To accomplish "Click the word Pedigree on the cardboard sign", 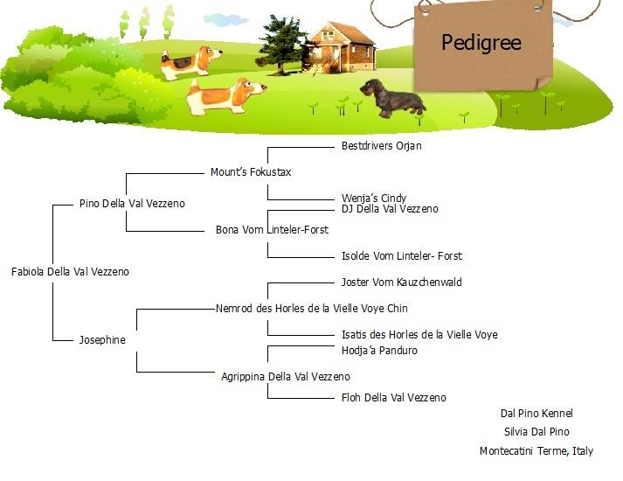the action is pyautogui.click(x=481, y=43).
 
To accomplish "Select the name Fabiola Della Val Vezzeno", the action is pyautogui.click(x=70, y=272).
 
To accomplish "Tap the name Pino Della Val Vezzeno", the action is pyautogui.click(x=132, y=204).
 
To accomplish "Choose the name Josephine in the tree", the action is pyautogui.click(x=102, y=340).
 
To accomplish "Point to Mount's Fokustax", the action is pyautogui.click(x=251, y=172).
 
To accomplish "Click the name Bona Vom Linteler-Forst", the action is pyautogui.click(x=272, y=230).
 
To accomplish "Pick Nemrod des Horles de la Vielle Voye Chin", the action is pyautogui.click(x=312, y=309).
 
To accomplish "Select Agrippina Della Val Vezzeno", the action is pyautogui.click(x=286, y=377).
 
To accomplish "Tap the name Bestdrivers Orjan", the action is pyautogui.click(x=382, y=146).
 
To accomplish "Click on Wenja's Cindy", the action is pyautogui.click(x=374, y=198).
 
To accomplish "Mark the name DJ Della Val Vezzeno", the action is pyautogui.click(x=390, y=209).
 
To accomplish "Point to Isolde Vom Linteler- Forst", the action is pyautogui.click(x=402, y=256).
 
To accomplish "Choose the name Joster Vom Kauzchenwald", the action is pyautogui.click(x=402, y=282).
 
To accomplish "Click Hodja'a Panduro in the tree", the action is pyautogui.click(x=379, y=351).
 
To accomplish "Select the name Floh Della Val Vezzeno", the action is pyautogui.click(x=394, y=398).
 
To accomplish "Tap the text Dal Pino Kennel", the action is pyautogui.click(x=536, y=414).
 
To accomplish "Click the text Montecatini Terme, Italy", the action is pyautogui.click(x=536, y=451).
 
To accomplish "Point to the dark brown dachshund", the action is pyautogui.click(x=393, y=99).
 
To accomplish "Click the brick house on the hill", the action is pyautogui.click(x=341, y=48).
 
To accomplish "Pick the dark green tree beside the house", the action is pyautogui.click(x=281, y=45).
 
